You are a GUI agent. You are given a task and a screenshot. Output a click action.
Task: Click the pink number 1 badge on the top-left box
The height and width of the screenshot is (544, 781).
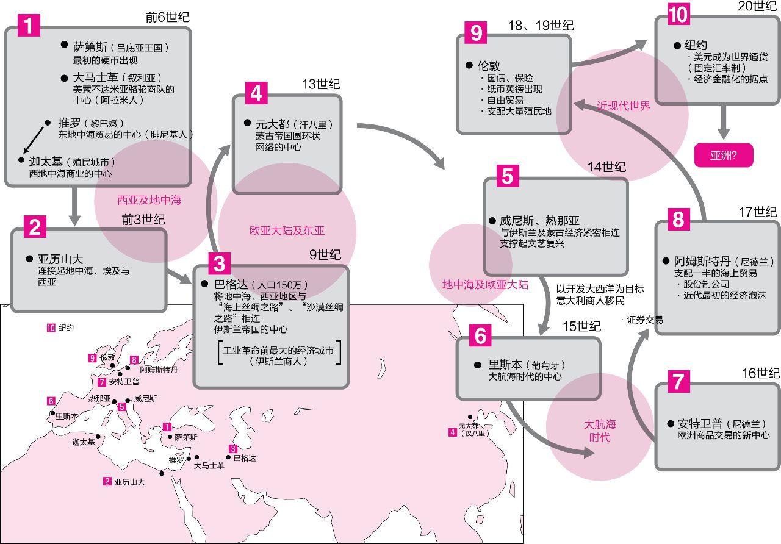point(29,25)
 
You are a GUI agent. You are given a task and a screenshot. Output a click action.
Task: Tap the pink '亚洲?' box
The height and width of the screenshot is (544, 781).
point(724,155)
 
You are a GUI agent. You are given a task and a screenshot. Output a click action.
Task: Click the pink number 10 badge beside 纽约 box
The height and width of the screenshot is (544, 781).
point(678,15)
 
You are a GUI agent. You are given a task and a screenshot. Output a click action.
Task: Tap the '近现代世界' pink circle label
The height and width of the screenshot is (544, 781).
point(624,106)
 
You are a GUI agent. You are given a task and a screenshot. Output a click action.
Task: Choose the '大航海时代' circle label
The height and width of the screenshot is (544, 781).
point(600,431)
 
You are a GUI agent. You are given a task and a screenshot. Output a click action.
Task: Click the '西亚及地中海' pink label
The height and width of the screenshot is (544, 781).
point(149,200)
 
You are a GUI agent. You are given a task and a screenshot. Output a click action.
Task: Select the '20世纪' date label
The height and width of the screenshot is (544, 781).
point(756,5)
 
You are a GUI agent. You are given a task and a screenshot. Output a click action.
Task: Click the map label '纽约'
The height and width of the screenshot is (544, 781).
point(67,328)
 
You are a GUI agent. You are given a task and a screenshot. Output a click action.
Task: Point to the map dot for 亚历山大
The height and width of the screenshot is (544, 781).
point(162,473)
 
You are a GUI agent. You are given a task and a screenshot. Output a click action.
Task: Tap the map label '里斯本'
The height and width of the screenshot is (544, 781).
point(67,417)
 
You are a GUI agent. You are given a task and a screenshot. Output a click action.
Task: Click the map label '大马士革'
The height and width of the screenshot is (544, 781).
point(209,465)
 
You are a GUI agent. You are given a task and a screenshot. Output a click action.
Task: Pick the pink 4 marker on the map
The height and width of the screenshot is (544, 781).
point(452,432)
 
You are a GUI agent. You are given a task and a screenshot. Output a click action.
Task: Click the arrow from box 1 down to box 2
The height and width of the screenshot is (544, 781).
point(75,206)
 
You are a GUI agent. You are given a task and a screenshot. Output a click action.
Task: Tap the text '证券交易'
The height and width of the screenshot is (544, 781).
point(644,320)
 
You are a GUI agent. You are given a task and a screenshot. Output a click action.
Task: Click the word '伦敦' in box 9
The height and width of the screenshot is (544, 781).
point(488,65)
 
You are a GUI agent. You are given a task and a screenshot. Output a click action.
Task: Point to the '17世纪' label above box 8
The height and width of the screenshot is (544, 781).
point(758,212)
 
